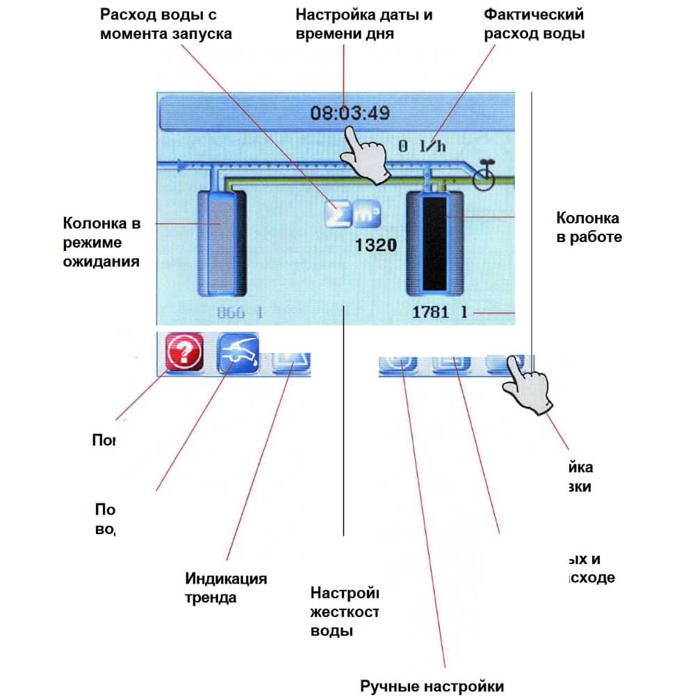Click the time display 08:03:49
(x=350, y=113)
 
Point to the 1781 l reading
(x=440, y=312)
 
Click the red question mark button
(x=184, y=351)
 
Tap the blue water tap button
(x=239, y=351)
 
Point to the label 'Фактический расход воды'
(x=534, y=24)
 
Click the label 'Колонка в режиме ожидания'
(x=101, y=243)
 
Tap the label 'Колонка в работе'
(x=588, y=227)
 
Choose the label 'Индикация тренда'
(x=226, y=588)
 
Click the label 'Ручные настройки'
(x=432, y=686)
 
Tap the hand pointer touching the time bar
(x=365, y=156)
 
